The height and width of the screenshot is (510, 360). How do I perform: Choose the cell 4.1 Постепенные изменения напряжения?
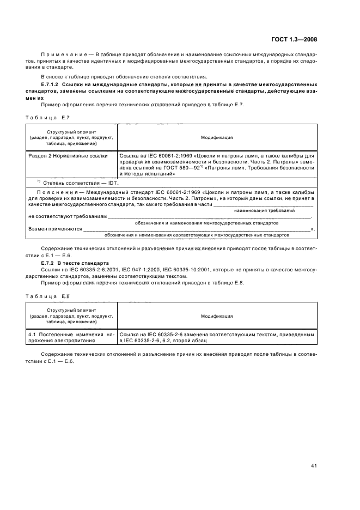[71, 337]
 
